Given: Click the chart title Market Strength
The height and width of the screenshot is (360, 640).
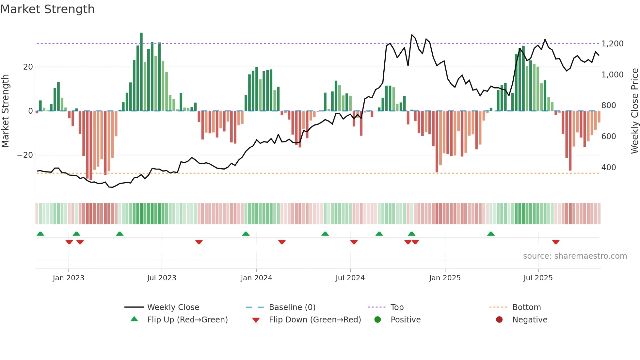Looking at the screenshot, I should pyautogui.click(x=47, y=9).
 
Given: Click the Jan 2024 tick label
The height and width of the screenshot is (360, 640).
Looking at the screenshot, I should pyautogui.click(x=256, y=278).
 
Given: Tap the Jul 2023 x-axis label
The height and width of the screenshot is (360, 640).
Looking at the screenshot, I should pyautogui.click(x=162, y=278).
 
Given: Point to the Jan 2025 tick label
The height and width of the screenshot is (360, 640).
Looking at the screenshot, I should pyautogui.click(x=445, y=278).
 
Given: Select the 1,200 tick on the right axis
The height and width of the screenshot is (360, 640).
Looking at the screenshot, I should pyautogui.click(x=612, y=44).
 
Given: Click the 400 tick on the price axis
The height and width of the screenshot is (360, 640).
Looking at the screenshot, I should pyautogui.click(x=609, y=168).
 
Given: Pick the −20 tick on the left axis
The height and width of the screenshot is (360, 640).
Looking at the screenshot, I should pyautogui.click(x=25, y=155).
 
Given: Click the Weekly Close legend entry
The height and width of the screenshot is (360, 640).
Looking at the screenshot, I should pyautogui.click(x=173, y=307).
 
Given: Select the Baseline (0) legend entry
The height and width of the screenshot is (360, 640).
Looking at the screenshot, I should pyautogui.click(x=292, y=307).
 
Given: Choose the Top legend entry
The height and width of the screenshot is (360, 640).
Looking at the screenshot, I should pyautogui.click(x=397, y=307).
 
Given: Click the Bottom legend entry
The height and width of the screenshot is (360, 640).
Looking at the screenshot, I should pyautogui.click(x=526, y=307).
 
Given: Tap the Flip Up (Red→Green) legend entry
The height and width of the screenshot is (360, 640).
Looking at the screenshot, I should pyautogui.click(x=187, y=320).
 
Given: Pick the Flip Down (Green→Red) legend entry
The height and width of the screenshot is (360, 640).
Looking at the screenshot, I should pyautogui.click(x=315, y=320).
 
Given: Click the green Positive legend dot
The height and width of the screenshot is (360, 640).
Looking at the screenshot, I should pyautogui.click(x=378, y=320).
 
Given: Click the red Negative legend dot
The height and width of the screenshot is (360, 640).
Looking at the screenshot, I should pyautogui.click(x=499, y=320).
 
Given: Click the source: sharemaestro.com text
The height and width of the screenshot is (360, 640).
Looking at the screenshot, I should pyautogui.click(x=575, y=256).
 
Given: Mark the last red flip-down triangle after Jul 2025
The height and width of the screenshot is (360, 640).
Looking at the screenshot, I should pyautogui.click(x=556, y=242).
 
